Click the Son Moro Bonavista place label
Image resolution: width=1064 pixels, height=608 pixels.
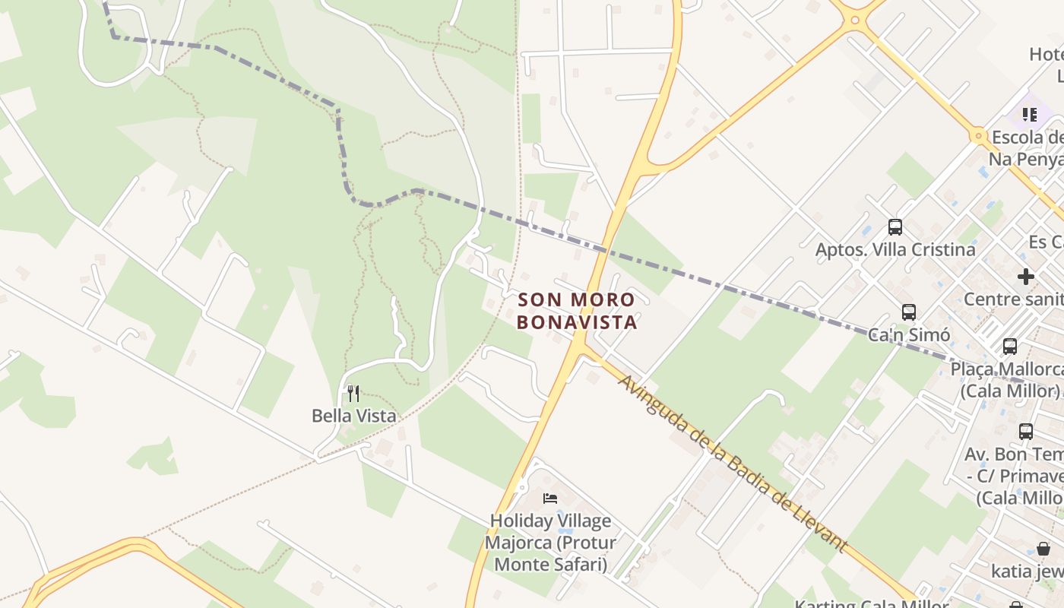point(576,311)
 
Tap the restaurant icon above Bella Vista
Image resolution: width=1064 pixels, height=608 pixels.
point(353,393)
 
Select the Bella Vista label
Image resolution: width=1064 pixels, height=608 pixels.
point(354,416)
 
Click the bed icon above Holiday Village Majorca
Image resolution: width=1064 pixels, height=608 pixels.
point(550,499)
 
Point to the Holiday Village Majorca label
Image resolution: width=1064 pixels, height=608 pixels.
point(550,543)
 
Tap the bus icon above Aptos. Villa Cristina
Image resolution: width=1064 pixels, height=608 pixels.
point(895,226)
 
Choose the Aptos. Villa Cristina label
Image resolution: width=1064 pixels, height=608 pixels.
point(895,249)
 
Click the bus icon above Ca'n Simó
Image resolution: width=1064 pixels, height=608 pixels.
point(908,312)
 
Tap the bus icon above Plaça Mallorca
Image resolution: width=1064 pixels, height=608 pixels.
point(1010,347)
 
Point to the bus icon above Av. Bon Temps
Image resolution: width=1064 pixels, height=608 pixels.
point(1026,432)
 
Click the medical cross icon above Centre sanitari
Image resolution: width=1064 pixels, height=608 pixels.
point(1026,277)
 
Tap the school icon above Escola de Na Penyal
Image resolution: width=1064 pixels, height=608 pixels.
point(1030,115)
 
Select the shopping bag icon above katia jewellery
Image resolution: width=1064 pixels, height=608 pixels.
point(1043,549)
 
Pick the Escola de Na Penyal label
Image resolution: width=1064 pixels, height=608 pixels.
point(1026,148)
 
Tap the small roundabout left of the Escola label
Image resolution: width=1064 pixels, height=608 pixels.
point(977,137)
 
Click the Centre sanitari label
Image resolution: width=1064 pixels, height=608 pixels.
point(1014,299)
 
